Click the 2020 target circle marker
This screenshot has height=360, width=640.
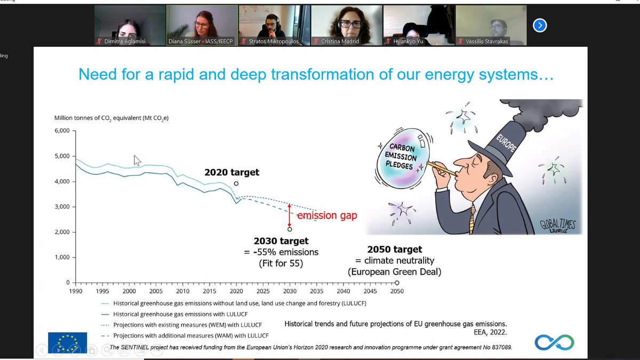coord(236,183)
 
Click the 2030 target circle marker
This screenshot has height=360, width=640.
coord(290,229)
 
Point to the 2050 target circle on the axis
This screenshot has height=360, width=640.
coord(397,283)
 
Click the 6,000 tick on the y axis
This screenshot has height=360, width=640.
coord(62,131)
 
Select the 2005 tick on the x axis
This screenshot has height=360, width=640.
coord(156,291)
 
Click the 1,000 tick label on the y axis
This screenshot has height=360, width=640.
coord(62,257)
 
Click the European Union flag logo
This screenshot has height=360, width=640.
coord(67,342)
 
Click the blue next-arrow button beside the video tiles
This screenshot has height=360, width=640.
coord(540,25)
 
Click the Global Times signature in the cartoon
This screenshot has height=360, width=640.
coord(557,226)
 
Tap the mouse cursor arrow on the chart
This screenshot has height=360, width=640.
coord(137,160)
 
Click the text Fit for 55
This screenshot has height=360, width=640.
coord(281,263)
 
